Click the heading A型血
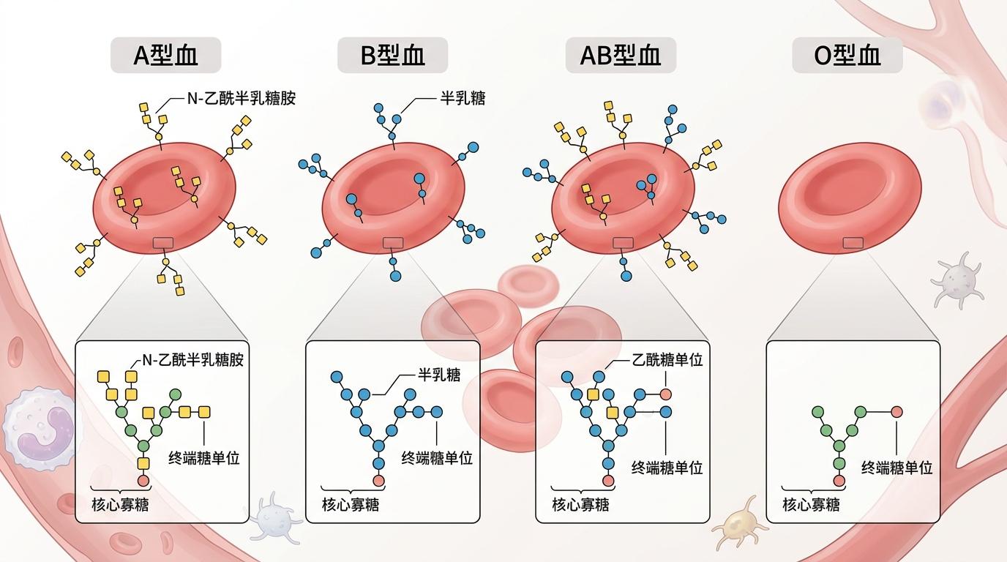click(166, 56)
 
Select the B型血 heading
click(392, 56)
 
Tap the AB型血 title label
click(620, 56)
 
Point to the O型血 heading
click(847, 56)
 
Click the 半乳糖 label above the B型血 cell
click(462, 98)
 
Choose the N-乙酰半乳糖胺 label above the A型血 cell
click(242, 98)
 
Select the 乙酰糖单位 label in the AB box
click(666, 360)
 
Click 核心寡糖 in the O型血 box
click(811, 504)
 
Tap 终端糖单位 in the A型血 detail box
click(204, 458)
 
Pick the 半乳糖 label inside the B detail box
click(439, 375)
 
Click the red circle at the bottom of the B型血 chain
click(378, 480)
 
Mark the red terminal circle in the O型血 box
click(896, 411)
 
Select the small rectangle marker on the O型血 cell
click(853, 243)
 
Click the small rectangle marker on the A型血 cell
click(162, 243)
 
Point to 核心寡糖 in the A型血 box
click(120, 504)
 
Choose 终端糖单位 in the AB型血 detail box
click(667, 467)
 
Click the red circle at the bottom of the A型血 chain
click(143, 480)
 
